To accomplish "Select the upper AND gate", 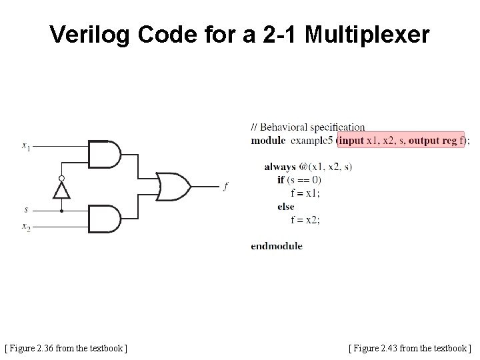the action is click(105, 154).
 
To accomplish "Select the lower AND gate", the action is click(105, 218).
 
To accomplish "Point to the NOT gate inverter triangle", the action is click(61, 190).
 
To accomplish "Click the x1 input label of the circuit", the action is click(25, 146).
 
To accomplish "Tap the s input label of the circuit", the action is click(26, 210).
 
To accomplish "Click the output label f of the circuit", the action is click(225, 186).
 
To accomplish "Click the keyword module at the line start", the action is click(267, 140).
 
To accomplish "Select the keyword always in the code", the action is click(280, 166).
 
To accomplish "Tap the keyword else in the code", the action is click(286, 207).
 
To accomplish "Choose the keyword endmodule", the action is click(277, 246).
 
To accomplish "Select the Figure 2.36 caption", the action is click(66, 348).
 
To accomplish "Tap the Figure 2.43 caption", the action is click(410, 348).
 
